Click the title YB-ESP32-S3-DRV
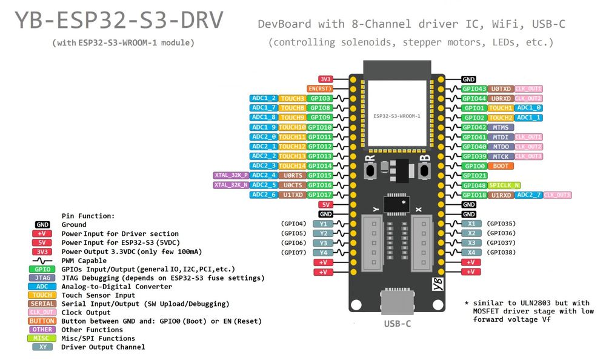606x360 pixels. tap(119, 21)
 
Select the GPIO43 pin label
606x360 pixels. tap(474, 88)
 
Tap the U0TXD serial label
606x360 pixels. tap(501, 88)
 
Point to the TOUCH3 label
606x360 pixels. tap(293, 98)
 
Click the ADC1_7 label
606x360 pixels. tap(264, 108)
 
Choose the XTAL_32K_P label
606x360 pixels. tap(231, 175)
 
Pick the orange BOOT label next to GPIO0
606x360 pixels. tap(501, 165)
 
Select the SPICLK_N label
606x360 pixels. tap(504, 185)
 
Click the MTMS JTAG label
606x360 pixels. tap(501, 127)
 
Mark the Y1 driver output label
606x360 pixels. tap(324, 224)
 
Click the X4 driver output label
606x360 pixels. tap(471, 252)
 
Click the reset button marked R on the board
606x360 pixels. tap(370, 171)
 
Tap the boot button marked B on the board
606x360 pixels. tap(424, 171)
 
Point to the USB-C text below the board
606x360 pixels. tap(398, 323)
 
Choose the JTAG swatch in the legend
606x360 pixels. tap(43, 278)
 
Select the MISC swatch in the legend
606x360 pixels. tap(43, 338)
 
